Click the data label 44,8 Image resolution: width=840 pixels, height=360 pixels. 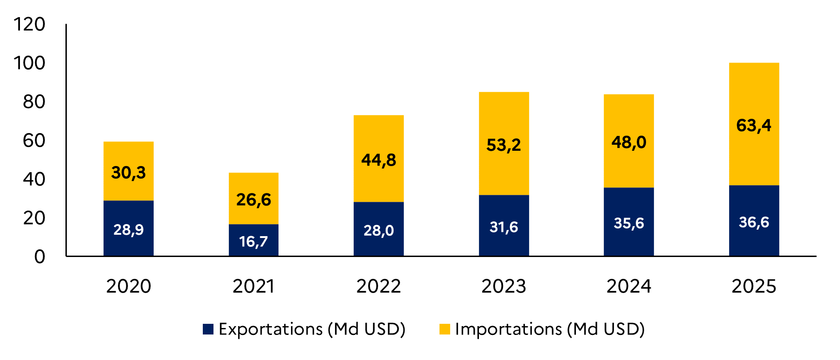pyautogui.click(x=379, y=160)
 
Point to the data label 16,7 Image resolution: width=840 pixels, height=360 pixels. pyautogui.click(x=253, y=241)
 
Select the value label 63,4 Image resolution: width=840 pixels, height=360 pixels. pyautogui.click(x=754, y=125)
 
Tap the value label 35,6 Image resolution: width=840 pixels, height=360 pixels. pyautogui.click(x=629, y=223)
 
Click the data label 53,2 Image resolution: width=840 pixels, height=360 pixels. pyautogui.click(x=504, y=145)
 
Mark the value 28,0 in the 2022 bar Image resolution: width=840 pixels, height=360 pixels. pyautogui.click(x=379, y=230)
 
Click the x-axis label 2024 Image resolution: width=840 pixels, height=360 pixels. pyautogui.click(x=629, y=286)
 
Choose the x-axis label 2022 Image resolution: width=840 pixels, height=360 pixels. pyautogui.click(x=379, y=286)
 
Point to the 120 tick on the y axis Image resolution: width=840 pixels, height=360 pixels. pyautogui.click(x=30, y=24)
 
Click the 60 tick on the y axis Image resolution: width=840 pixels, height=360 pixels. pyautogui.click(x=34, y=140)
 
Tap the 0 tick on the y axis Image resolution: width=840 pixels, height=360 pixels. pyautogui.click(x=40, y=257)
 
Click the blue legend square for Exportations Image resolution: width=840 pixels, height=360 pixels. pyautogui.click(x=208, y=329)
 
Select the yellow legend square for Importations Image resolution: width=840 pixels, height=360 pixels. pyautogui.click(x=445, y=329)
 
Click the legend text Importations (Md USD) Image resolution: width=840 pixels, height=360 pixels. pyautogui.click(x=550, y=329)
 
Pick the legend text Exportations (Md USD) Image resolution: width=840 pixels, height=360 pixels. pyautogui.click(x=312, y=329)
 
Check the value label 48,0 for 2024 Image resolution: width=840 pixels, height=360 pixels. pyautogui.click(x=629, y=142)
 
